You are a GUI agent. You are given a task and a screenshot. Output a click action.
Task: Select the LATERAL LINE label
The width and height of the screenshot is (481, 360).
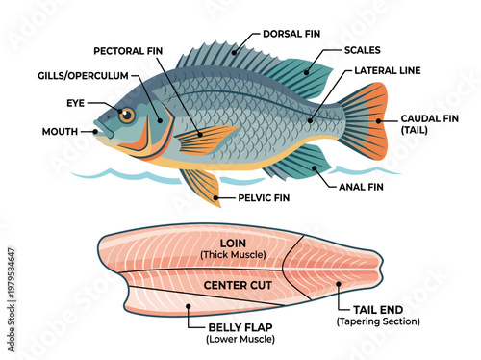click(388, 70)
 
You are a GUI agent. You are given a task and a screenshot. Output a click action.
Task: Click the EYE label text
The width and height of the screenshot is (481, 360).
click(77, 102)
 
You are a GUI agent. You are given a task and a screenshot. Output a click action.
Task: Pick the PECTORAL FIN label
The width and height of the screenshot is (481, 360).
click(129, 50)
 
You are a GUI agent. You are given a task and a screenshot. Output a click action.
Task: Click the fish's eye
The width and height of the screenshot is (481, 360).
click(126, 116)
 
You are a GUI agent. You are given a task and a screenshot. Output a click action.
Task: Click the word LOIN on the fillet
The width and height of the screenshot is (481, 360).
click(233, 243)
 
